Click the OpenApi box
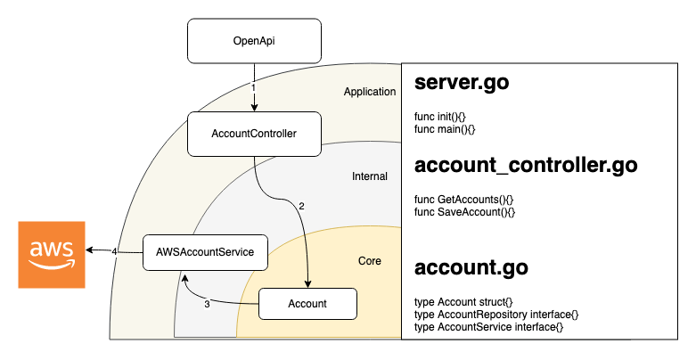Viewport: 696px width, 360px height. pyautogui.click(x=254, y=41)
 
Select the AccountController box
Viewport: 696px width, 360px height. pyautogui.click(x=254, y=134)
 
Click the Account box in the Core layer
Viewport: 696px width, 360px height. pyautogui.click(x=307, y=304)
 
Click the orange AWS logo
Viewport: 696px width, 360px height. pyautogui.click(x=51, y=255)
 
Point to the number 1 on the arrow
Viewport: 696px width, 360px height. pyautogui.click(x=254, y=88)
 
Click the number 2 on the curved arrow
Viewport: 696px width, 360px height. pyautogui.click(x=301, y=206)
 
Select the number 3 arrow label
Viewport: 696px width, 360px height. pyautogui.click(x=207, y=305)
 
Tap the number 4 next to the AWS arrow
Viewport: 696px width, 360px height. pyautogui.click(x=115, y=252)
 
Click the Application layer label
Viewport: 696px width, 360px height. pyautogui.click(x=369, y=92)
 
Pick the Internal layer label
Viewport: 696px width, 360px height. pyautogui.click(x=370, y=176)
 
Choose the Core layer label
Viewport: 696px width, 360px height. pyautogui.click(x=369, y=261)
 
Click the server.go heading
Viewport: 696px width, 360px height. pyautogui.click(x=462, y=84)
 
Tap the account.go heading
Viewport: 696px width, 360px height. pyautogui.click(x=471, y=267)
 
